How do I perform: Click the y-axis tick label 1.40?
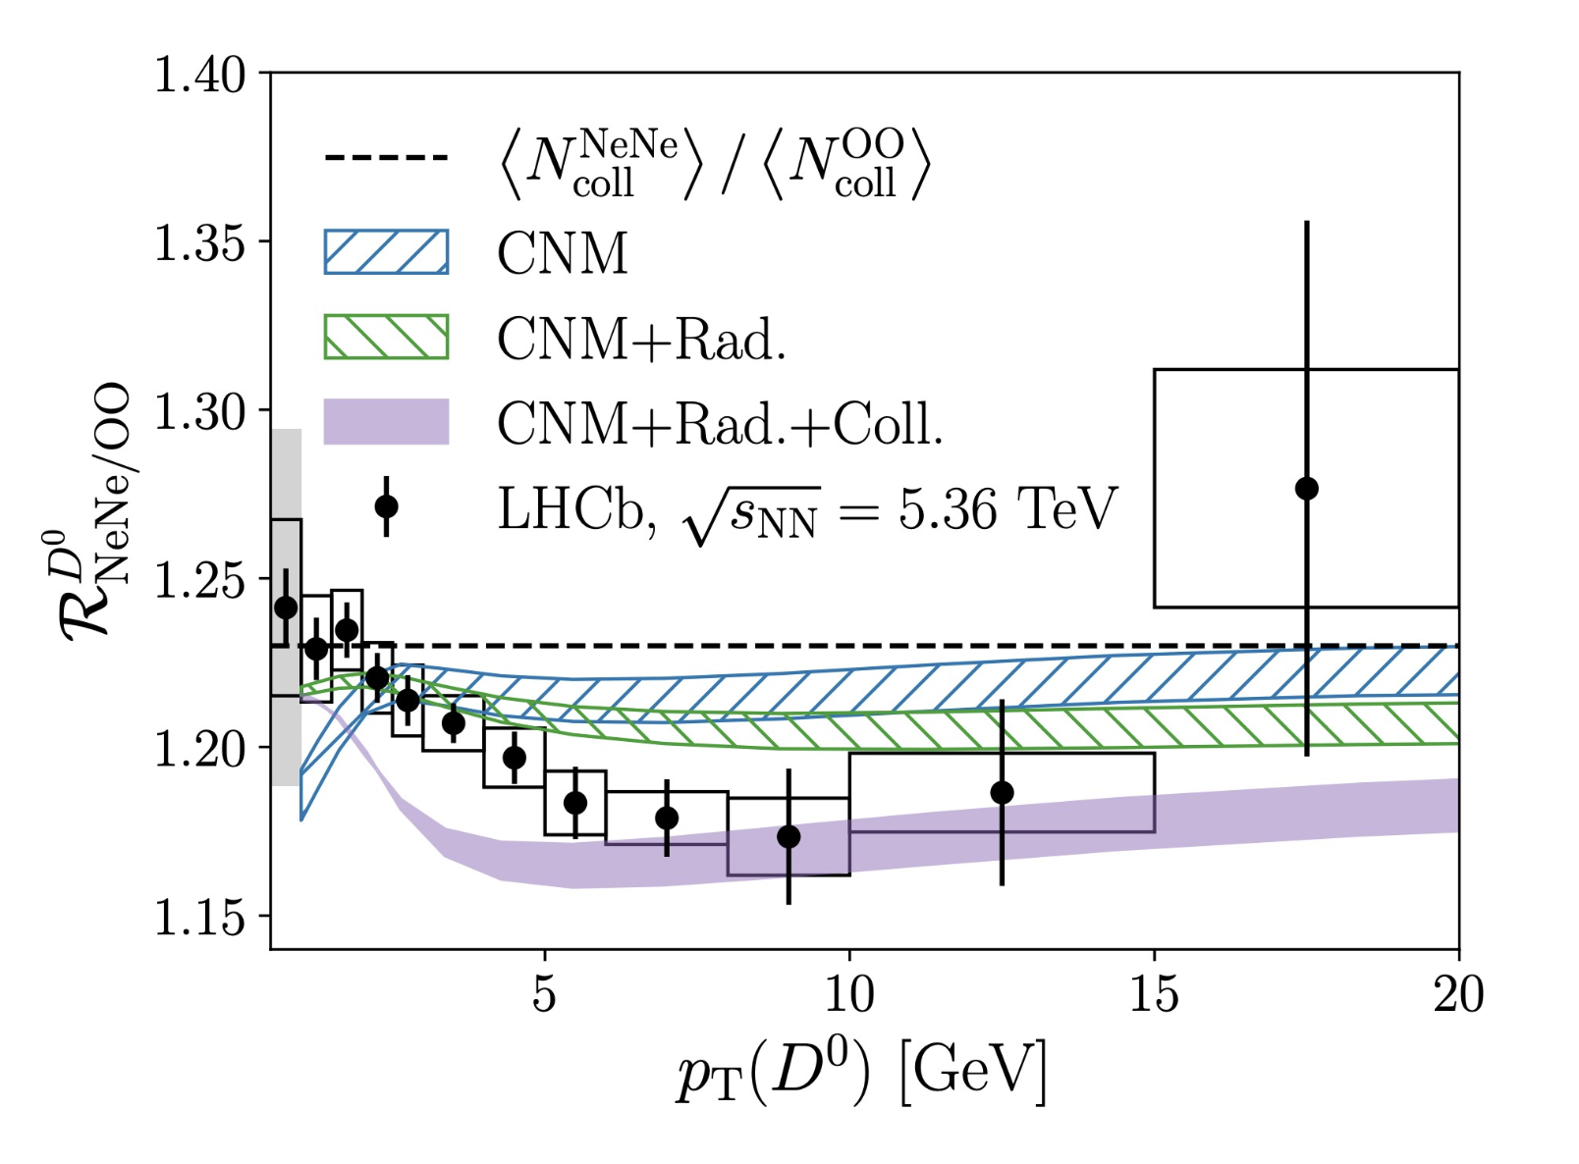(199, 75)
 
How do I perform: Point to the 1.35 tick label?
(199, 243)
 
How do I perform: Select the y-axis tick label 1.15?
(199, 918)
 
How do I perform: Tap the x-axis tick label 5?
(544, 994)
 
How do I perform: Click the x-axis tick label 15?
(1154, 994)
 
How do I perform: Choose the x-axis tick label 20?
(1458, 994)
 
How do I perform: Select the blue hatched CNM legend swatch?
(386, 251)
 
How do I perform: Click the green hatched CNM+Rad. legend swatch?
(386, 337)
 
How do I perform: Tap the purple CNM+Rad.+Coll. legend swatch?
(386, 421)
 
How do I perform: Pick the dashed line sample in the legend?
(386, 157)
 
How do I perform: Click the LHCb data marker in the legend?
(386, 506)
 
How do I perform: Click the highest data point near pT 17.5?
(1307, 489)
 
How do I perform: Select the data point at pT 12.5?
(1003, 793)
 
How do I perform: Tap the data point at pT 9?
(789, 836)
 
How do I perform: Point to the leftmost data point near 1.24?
(286, 608)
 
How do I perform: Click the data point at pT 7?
(667, 819)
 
